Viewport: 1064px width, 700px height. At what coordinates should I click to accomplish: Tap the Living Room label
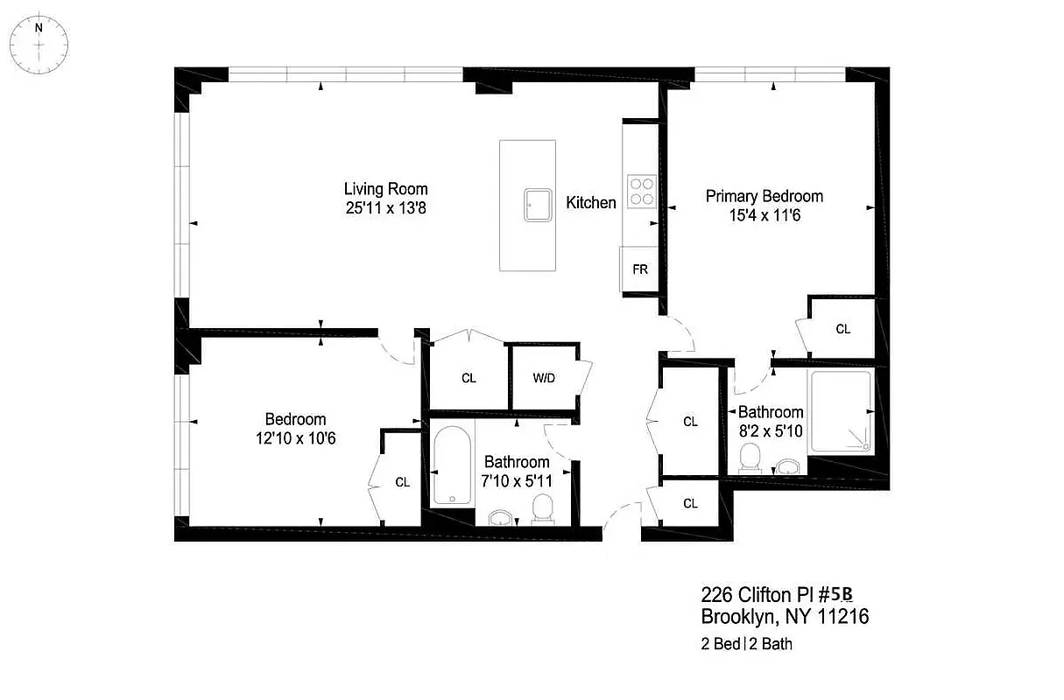click(x=385, y=189)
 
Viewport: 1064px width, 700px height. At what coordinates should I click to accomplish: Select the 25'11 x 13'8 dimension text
click(x=385, y=208)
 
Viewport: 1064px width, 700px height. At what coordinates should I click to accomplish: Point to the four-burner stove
click(x=640, y=191)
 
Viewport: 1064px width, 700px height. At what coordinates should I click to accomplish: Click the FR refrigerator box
click(x=640, y=269)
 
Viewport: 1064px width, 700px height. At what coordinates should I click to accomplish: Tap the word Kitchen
click(x=591, y=203)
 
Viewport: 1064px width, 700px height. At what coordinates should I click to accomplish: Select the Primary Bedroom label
click(x=765, y=196)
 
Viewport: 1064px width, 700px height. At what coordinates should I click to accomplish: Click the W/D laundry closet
click(x=543, y=378)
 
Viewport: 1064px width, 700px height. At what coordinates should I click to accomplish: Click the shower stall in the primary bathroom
click(x=840, y=411)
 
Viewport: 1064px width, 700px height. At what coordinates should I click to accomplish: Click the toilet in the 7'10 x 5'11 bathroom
click(x=544, y=509)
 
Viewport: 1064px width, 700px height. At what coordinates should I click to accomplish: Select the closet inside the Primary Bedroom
click(x=842, y=329)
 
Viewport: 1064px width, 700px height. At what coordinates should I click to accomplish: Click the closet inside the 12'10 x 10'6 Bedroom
click(x=402, y=481)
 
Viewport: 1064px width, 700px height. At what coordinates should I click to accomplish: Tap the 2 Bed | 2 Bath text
click(x=747, y=645)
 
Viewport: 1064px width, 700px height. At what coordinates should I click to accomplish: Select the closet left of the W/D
click(x=469, y=378)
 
